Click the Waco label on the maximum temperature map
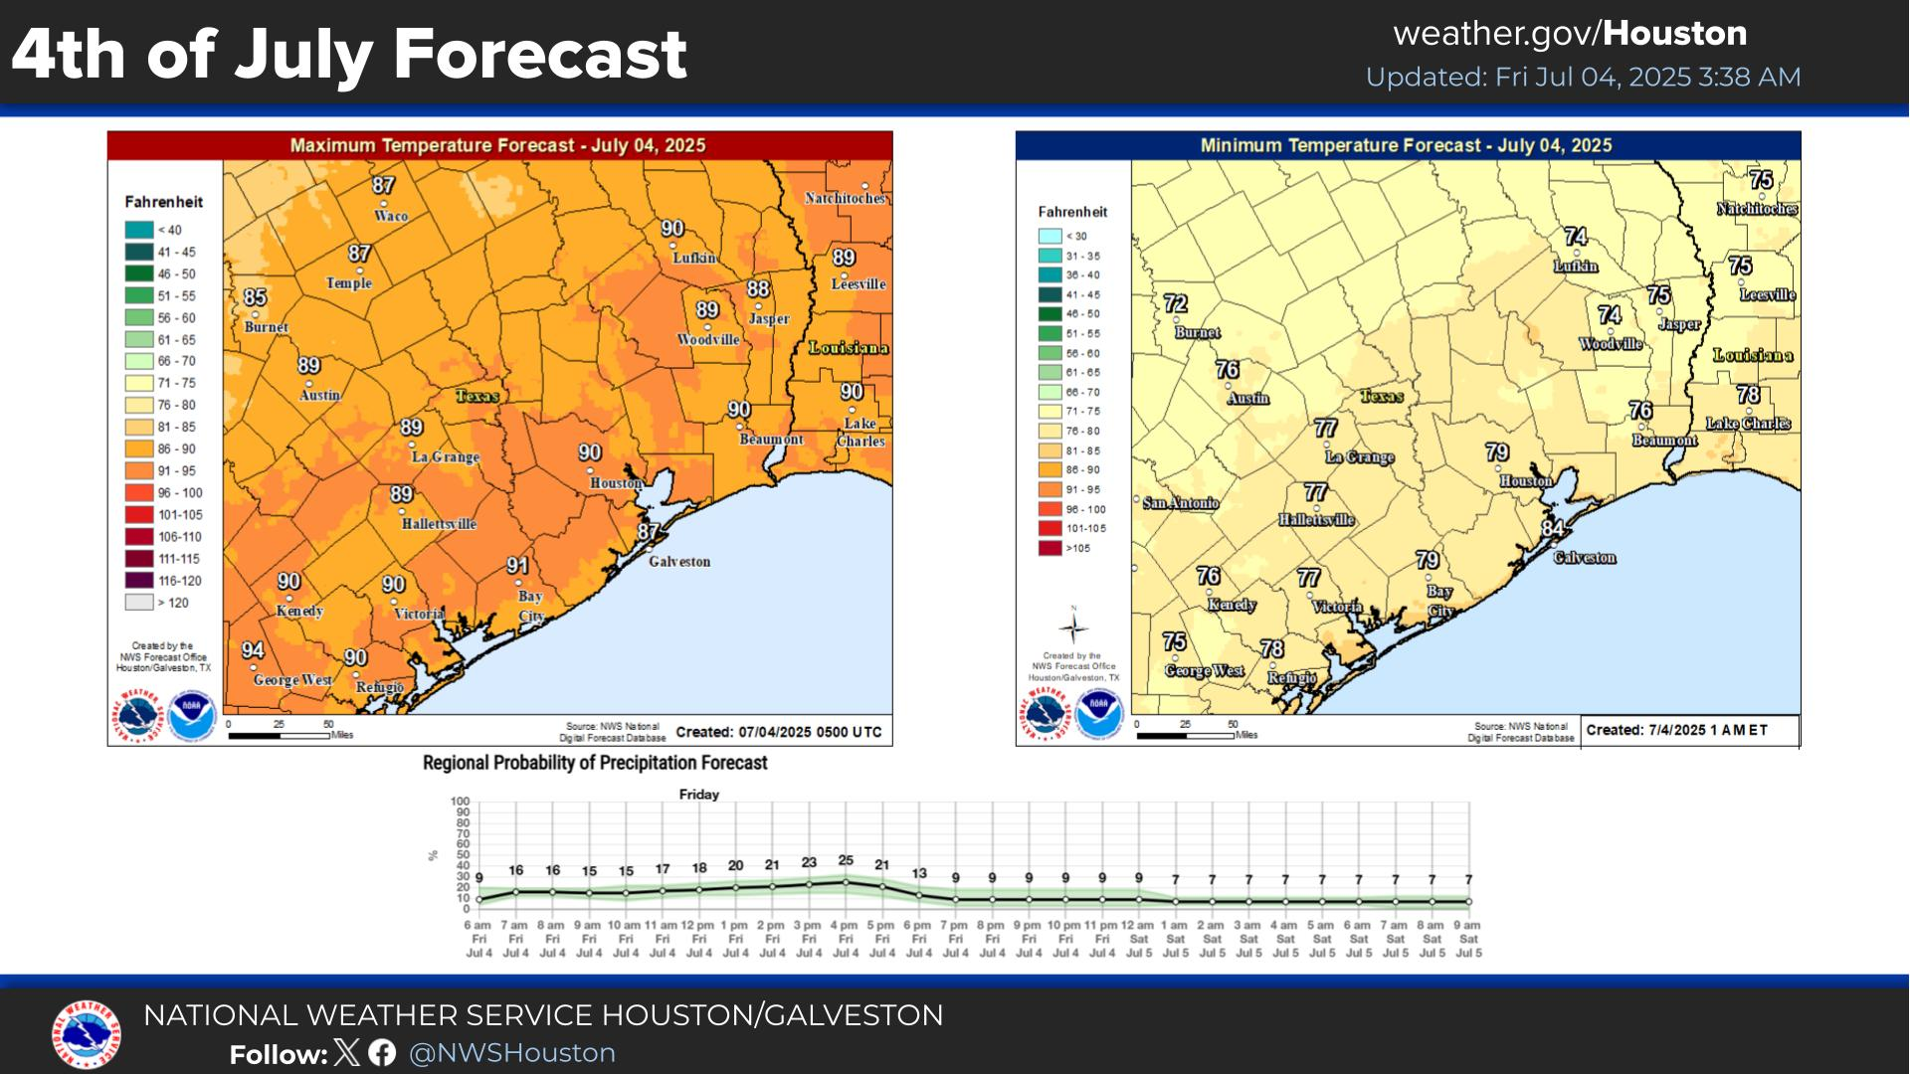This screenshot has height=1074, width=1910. tap(391, 216)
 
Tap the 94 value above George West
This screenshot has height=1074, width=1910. tap(253, 650)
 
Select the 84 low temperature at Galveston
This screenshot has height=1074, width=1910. tap(1553, 528)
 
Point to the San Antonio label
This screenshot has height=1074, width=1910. tap(1181, 503)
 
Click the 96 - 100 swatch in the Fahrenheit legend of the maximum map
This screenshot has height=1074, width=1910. tap(139, 493)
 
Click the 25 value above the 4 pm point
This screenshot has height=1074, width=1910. tap(846, 860)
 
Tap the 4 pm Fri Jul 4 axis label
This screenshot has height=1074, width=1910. tap(846, 939)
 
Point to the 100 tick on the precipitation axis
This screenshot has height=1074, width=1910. tap(460, 802)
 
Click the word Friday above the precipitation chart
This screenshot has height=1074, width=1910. tap(699, 795)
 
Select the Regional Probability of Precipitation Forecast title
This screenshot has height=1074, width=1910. tap(595, 763)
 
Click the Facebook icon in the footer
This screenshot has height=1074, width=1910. tap(382, 1053)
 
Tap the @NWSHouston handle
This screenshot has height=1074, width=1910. tap(512, 1053)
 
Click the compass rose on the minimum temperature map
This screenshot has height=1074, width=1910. tap(1073, 627)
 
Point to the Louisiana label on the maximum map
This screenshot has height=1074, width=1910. tap(848, 348)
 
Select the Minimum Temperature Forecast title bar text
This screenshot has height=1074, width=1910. tap(1406, 145)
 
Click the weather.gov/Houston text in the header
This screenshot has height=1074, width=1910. tap(1570, 34)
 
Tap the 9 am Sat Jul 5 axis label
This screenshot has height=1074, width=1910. tap(1468, 939)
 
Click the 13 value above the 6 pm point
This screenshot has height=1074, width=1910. tap(919, 873)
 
